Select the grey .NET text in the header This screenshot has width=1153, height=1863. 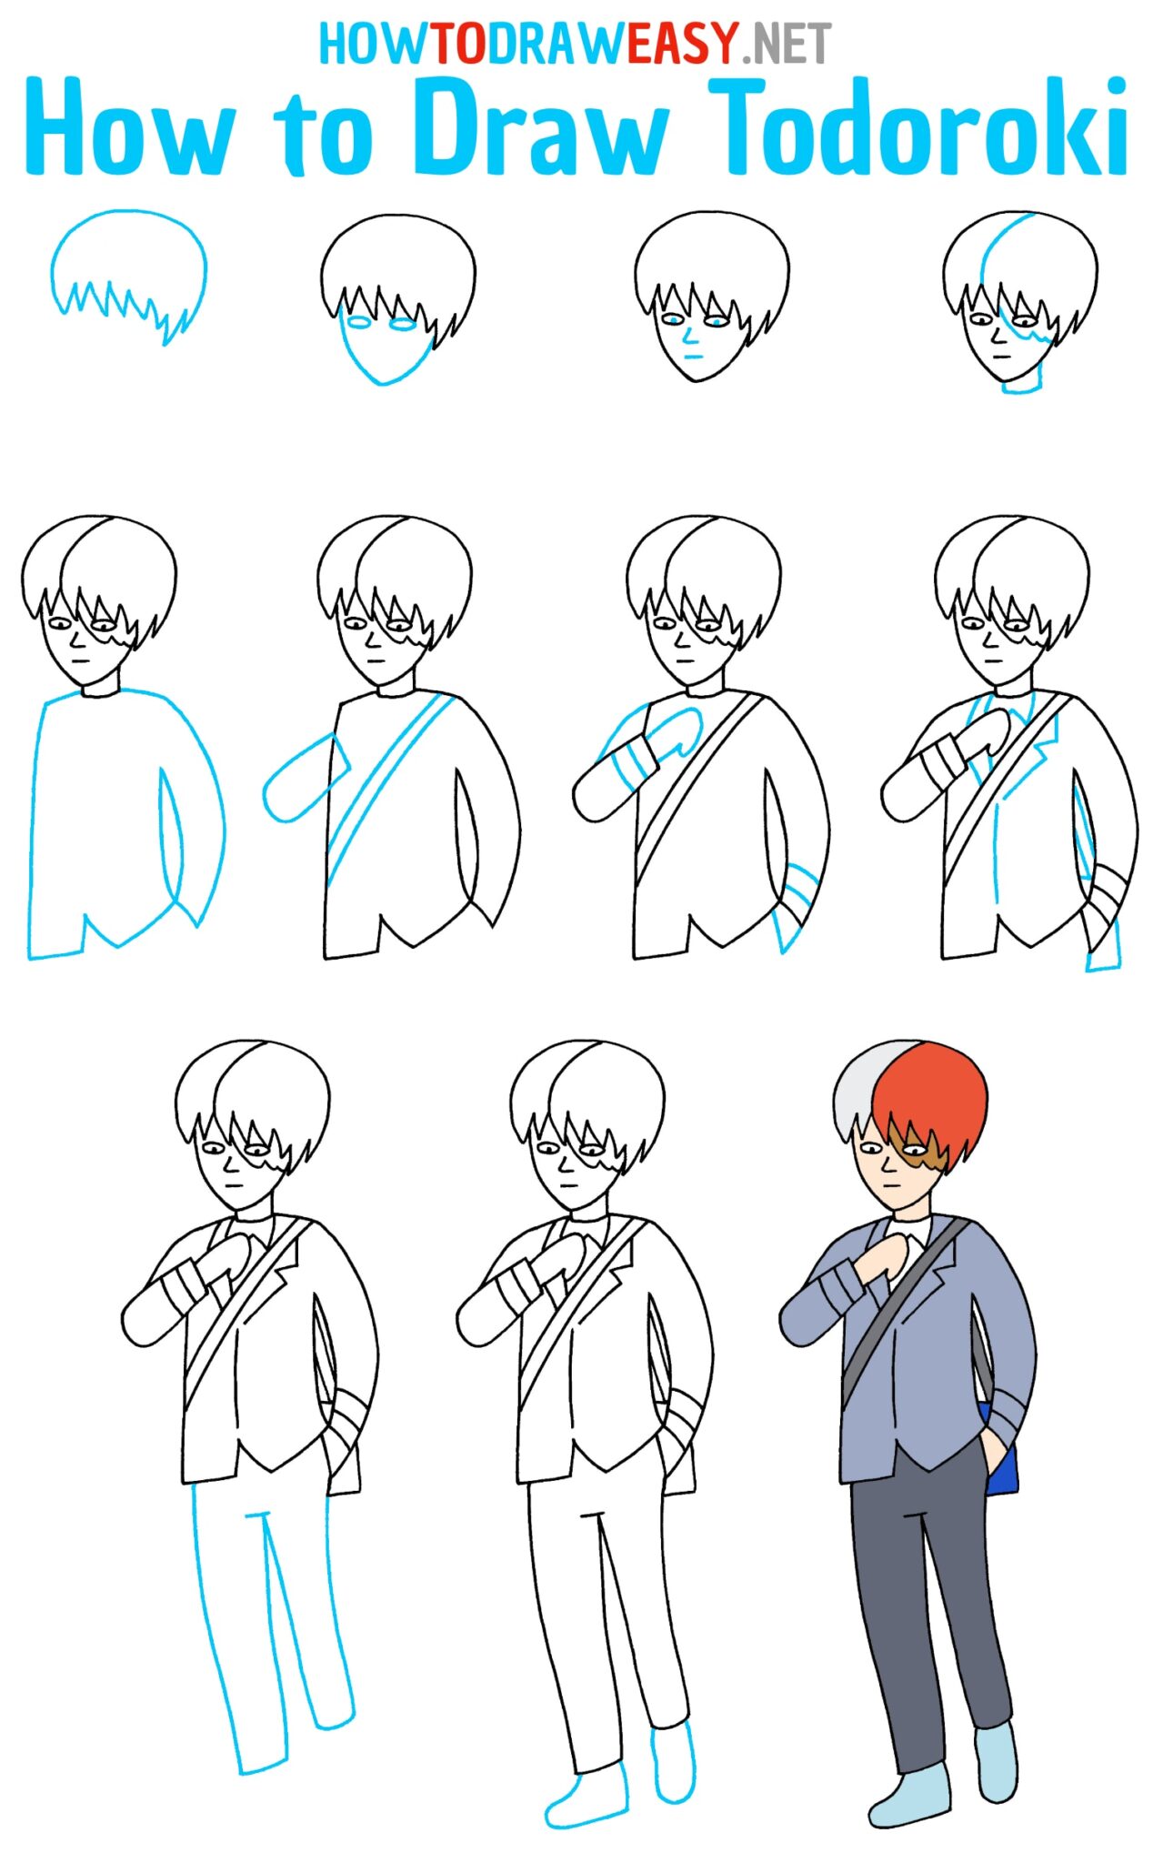click(787, 43)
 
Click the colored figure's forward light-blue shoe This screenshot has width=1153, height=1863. click(909, 1797)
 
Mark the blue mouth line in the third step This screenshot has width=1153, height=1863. click(693, 356)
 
